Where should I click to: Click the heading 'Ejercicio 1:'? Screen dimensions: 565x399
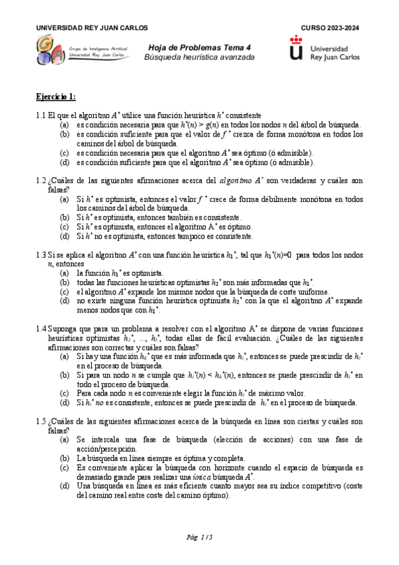click(56, 97)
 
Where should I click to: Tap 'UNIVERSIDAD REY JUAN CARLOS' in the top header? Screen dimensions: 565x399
click(92, 28)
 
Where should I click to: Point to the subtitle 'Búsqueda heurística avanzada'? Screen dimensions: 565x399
click(200, 58)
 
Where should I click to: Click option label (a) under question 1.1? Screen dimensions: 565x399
click(64, 125)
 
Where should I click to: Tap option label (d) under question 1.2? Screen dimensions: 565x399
click(64, 236)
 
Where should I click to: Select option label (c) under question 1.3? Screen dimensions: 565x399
click(64, 291)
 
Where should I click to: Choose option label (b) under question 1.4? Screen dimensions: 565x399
click(64, 375)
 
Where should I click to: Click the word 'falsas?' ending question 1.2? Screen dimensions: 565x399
click(49, 189)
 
